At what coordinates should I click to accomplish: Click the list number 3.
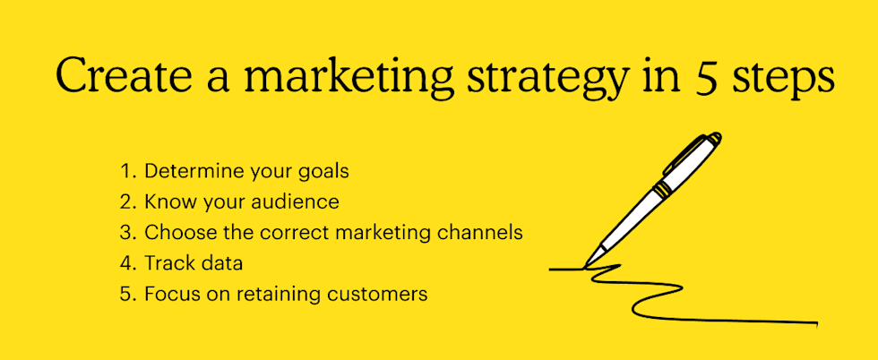point(125,232)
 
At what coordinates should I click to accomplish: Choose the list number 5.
point(125,293)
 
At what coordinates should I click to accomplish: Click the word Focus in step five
point(168,293)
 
